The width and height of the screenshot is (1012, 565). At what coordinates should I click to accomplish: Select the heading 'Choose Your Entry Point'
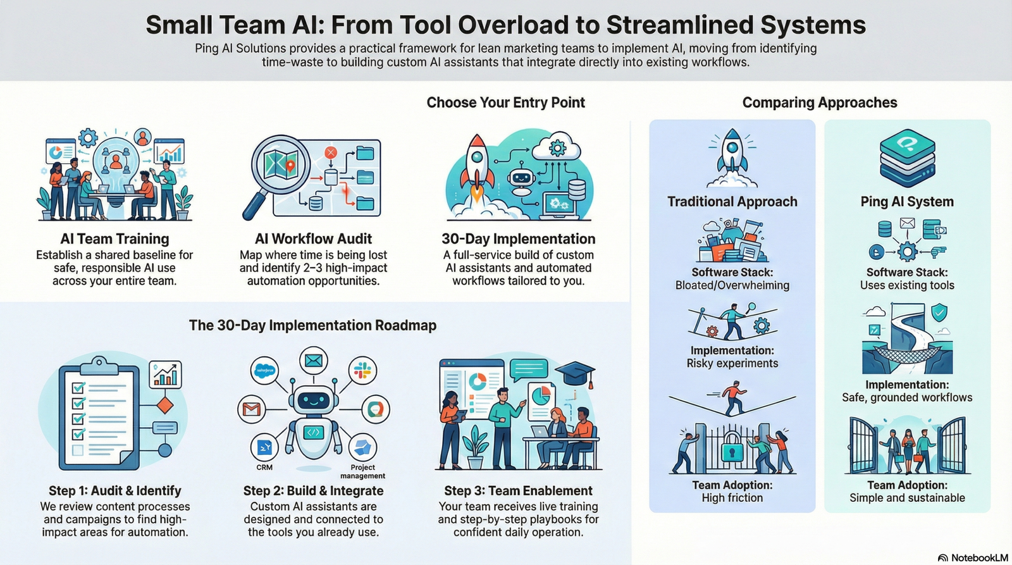point(505,102)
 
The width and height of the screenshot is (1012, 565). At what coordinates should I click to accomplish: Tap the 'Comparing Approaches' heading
point(819,102)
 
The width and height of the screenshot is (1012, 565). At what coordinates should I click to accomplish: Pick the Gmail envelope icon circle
point(251,409)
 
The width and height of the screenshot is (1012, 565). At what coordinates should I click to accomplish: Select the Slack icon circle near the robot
point(362,370)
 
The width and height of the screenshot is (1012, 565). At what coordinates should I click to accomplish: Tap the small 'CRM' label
point(264,468)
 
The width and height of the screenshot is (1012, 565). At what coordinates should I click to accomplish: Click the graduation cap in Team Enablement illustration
point(575,374)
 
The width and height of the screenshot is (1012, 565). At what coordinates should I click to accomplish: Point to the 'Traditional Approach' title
point(732,202)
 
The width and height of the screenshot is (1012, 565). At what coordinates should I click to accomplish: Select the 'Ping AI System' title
point(906,202)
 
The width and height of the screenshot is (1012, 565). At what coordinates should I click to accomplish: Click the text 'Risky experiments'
point(732,363)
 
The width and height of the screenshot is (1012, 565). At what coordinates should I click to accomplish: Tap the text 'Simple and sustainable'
point(907,498)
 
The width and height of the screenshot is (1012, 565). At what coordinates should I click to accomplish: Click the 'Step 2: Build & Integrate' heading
point(313,491)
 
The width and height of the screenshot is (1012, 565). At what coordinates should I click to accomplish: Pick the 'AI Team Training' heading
point(114,239)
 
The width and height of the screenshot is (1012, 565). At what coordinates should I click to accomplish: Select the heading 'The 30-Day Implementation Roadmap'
point(312,325)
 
